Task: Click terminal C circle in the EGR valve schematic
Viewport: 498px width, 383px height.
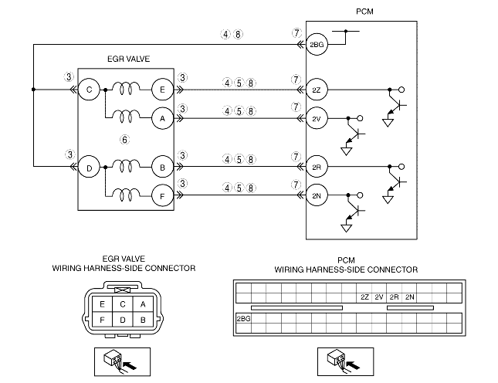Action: click(90, 90)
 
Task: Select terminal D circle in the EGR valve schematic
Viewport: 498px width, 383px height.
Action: click(90, 167)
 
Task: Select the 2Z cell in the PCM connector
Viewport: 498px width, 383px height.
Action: click(364, 297)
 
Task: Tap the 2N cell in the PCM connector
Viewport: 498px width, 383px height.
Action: click(409, 297)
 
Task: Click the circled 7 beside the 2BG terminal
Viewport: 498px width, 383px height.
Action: click(296, 34)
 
